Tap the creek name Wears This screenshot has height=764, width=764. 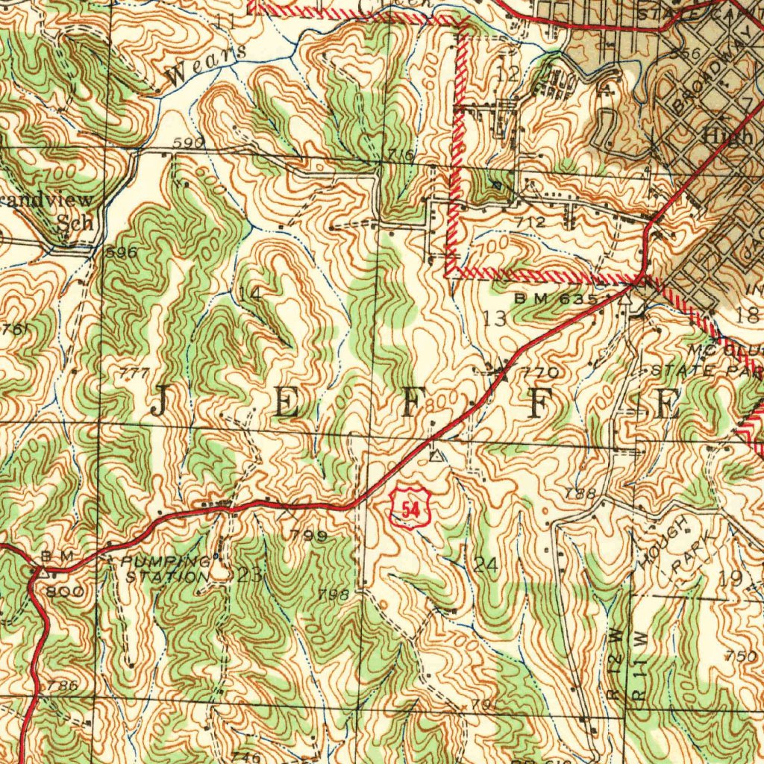pos(204,65)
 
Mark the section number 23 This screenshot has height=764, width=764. pos(250,574)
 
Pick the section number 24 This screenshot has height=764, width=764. pos(485,565)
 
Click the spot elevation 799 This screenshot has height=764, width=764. pos(309,535)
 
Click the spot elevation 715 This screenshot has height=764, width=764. pos(401,154)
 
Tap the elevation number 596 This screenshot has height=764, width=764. pos(121,252)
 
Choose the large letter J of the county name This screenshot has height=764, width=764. pos(158,404)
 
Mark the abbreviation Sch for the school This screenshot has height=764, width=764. pos(77,224)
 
